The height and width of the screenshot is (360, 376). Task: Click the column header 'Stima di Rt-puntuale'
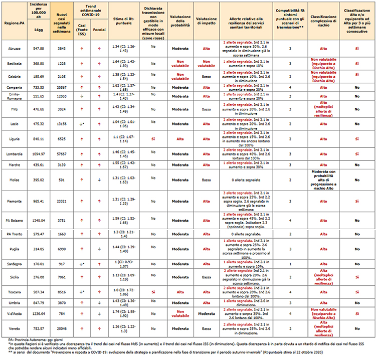click(123, 20)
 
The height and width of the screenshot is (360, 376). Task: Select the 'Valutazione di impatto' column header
click(206, 20)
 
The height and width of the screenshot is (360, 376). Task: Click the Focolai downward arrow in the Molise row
click(99, 179)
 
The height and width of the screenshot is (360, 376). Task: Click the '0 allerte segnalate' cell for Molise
click(246, 179)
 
